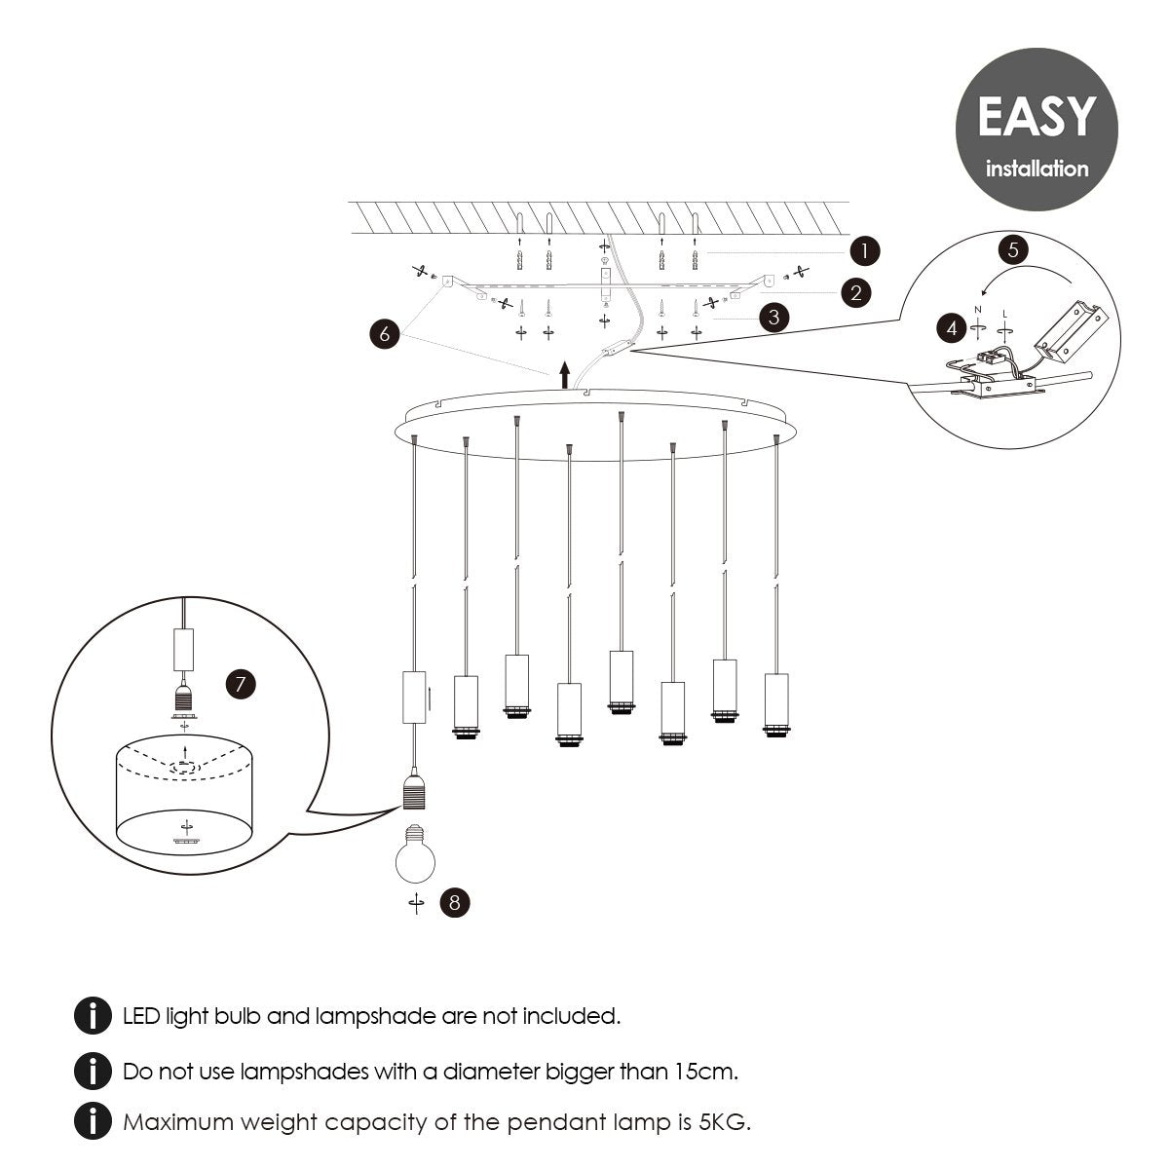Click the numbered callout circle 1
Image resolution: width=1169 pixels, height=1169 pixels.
[x=864, y=251]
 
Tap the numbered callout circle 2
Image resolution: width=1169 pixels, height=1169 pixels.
[x=854, y=291]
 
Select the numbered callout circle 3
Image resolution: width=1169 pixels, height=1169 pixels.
[x=773, y=318]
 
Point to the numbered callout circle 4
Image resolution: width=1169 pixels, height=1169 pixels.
[x=952, y=328]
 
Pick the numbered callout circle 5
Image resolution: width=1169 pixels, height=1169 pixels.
[x=1013, y=248]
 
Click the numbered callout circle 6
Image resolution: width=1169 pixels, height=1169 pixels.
[x=385, y=333]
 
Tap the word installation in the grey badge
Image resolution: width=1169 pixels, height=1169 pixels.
[x=1037, y=169]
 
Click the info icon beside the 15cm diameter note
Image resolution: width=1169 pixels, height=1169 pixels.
[x=93, y=1072]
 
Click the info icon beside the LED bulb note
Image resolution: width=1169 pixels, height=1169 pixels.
[x=93, y=1016]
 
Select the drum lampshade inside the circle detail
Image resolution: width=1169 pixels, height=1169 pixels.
[x=185, y=794]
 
